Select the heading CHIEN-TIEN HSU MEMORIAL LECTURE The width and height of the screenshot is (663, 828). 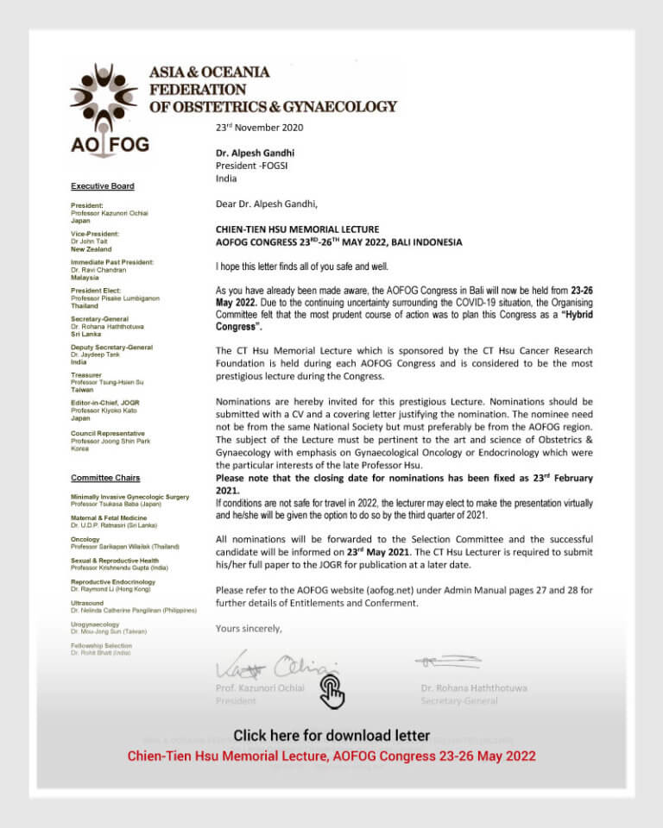pos(297,229)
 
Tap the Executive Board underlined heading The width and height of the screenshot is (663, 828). pos(102,186)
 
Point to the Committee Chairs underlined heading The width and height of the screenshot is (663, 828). pos(104,478)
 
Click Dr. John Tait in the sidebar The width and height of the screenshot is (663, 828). pos(91,241)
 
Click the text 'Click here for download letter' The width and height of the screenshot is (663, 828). pos(331,736)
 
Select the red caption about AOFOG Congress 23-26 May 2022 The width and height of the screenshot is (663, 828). pos(331,756)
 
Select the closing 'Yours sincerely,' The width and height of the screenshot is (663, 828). pos(249,628)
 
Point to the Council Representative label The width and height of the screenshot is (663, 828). pos(107,434)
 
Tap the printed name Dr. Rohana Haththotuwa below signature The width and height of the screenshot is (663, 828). pos(474,688)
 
